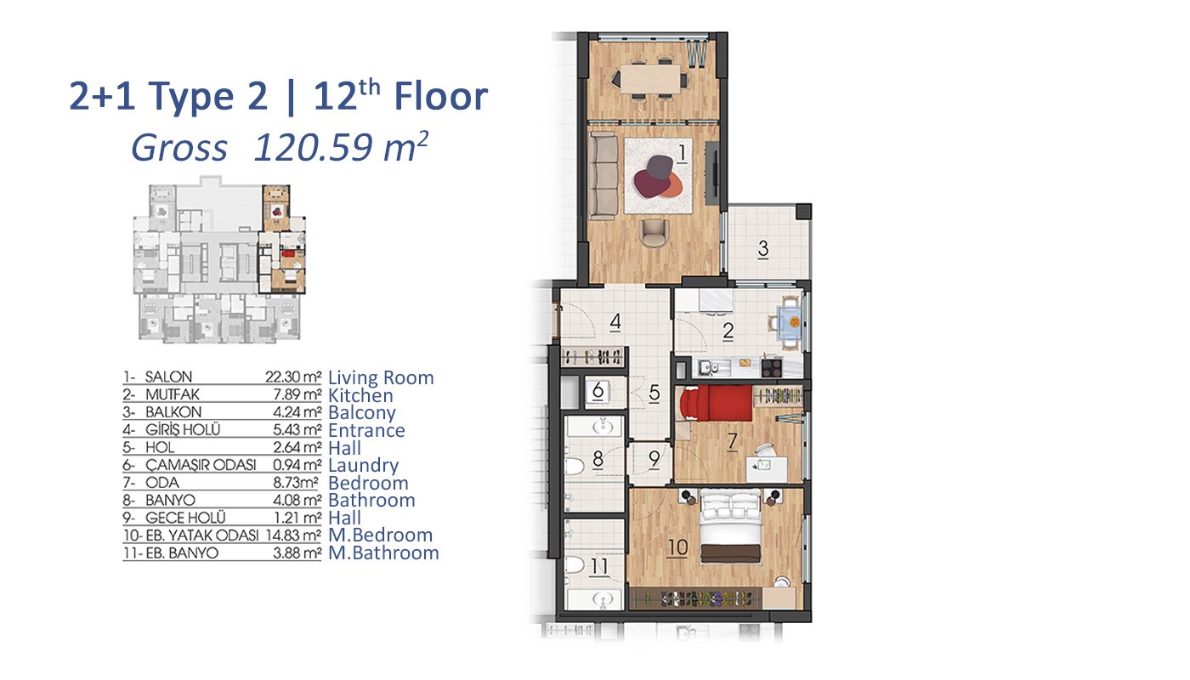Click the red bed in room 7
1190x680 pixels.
tap(717, 403)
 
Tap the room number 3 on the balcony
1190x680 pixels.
tap(763, 248)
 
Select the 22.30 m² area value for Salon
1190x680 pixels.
tap(293, 377)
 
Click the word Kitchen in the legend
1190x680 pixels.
tap(360, 395)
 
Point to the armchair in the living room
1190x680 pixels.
tap(654, 233)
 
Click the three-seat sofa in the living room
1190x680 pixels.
tap(603, 175)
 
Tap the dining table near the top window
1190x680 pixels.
tap(651, 80)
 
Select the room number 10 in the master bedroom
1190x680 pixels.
tap(677, 547)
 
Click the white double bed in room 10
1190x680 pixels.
tap(730, 525)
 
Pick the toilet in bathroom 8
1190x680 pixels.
tap(575, 467)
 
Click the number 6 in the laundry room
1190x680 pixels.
tap(598, 390)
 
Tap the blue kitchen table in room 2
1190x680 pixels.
tap(789, 322)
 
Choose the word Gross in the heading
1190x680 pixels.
tap(179, 148)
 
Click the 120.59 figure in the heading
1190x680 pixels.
tap(313, 147)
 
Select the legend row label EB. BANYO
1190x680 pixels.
tap(182, 553)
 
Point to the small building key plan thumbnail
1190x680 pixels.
tap(219, 258)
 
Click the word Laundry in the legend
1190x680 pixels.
tap(364, 466)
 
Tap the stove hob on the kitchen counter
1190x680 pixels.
tap(772, 366)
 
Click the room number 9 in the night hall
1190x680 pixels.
tap(654, 458)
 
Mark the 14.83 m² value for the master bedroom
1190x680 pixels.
tap(293, 535)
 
